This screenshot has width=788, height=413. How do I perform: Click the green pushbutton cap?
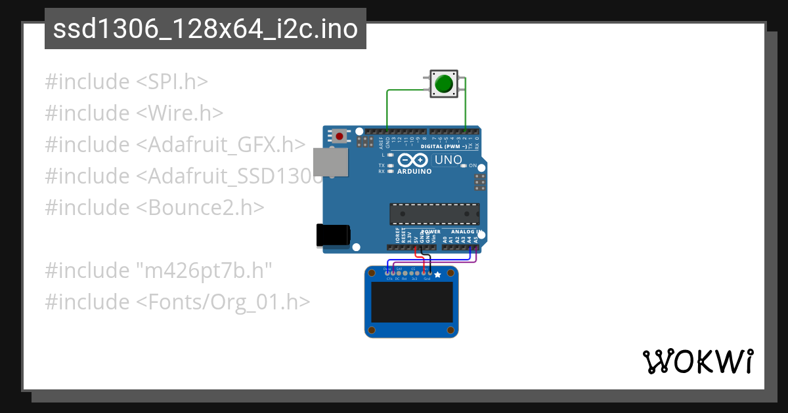point(445,84)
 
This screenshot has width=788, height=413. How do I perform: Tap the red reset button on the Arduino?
point(339,136)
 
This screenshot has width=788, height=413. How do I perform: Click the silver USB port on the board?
point(330,162)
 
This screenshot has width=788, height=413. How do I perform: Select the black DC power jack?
point(333,235)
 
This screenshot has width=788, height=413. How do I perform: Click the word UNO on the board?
point(449,159)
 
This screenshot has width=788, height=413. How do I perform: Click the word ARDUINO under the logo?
point(414,172)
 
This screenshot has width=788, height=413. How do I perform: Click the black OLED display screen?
point(412,301)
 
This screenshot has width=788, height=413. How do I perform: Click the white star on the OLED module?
point(438,275)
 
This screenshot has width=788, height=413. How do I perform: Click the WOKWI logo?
point(697,361)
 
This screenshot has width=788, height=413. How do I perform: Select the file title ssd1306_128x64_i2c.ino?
point(205,29)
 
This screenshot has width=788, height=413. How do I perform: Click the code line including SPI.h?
point(127,82)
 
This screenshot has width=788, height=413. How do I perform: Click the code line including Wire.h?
point(135,113)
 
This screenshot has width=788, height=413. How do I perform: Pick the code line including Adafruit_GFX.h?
point(175,145)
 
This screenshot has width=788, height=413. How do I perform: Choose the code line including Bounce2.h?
point(155,208)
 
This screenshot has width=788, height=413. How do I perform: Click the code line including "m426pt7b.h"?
point(158,270)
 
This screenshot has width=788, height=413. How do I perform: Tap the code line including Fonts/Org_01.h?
point(177,302)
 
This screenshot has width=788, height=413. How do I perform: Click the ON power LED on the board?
point(464,167)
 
